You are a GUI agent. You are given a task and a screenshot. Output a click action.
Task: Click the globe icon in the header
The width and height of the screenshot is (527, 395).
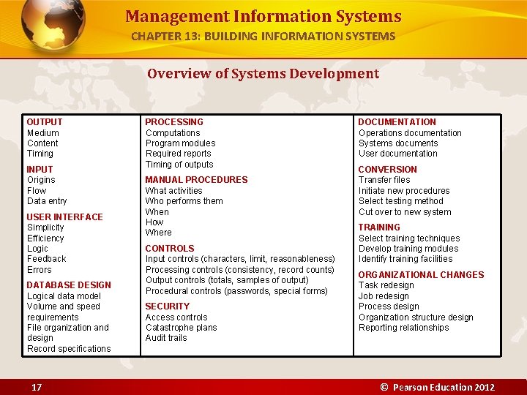tap(53, 26)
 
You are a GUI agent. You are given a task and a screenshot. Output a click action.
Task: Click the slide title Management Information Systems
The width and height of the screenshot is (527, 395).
tap(263, 16)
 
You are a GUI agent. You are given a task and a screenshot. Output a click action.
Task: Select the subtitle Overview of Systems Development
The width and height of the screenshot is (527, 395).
tap(263, 73)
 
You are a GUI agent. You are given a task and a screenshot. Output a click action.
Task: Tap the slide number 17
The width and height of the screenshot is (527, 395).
tap(36, 387)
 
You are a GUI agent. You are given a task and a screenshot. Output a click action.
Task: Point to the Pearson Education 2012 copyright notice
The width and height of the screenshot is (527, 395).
tap(437, 387)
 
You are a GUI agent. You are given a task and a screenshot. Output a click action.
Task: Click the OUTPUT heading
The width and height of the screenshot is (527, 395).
tap(45, 122)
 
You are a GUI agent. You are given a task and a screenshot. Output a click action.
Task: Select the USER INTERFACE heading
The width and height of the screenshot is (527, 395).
tap(64, 217)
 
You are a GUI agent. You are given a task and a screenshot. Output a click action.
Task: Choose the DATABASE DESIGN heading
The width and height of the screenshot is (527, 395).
tap(69, 285)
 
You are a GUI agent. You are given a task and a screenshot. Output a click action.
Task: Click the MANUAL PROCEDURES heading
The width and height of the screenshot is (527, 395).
tap(196, 180)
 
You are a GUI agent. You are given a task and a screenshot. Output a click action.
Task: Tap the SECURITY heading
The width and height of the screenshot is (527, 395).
tap(167, 306)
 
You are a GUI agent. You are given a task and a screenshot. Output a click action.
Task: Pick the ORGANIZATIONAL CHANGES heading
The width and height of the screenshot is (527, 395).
tap(421, 275)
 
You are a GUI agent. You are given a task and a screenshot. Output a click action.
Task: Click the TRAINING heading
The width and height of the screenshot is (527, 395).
tap(379, 227)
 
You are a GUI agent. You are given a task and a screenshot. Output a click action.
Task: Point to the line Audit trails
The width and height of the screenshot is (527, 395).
tap(166, 338)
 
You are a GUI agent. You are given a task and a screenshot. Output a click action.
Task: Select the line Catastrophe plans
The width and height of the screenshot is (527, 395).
tap(181, 328)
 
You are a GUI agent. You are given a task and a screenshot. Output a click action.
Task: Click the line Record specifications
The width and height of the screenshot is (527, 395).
tap(69, 349)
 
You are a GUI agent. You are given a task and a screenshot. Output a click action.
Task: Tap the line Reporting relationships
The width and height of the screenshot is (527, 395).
tap(403, 328)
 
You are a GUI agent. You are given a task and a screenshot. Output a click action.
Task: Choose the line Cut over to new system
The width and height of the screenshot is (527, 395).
tap(405, 212)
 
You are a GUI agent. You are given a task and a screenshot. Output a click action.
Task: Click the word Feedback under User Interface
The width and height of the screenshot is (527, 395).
tap(46, 259)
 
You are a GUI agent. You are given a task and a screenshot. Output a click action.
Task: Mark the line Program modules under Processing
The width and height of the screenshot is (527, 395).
tap(180, 143)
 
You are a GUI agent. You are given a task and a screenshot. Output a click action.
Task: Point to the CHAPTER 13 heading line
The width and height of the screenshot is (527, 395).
tap(263, 36)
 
